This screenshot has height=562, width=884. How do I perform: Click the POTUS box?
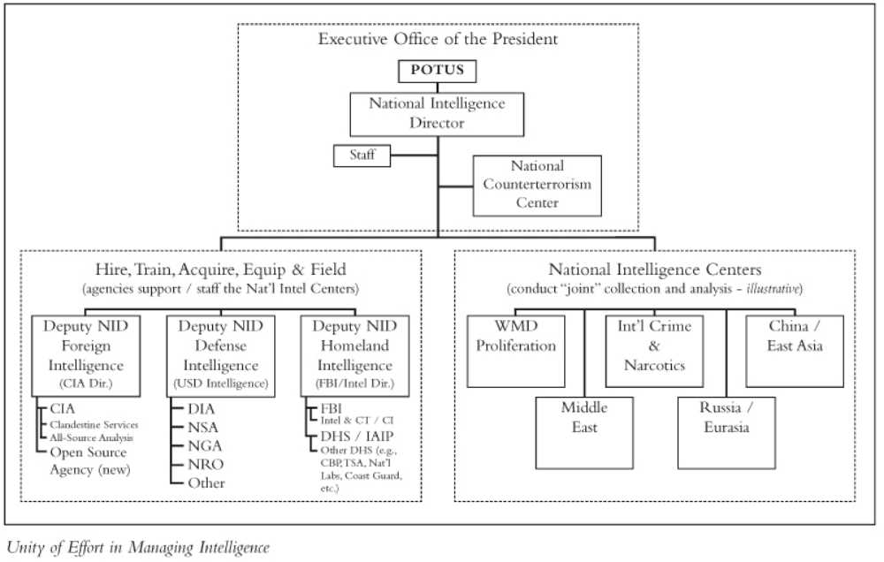pyautogui.click(x=437, y=71)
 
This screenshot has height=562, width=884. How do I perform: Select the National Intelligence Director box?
pyautogui.click(x=437, y=114)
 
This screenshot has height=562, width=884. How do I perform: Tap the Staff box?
pyautogui.click(x=362, y=156)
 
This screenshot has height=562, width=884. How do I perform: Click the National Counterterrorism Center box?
pyautogui.click(x=537, y=186)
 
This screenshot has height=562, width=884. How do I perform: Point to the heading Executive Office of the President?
pyautogui.click(x=438, y=39)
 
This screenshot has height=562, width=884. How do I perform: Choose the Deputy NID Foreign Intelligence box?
pyautogui.click(x=86, y=356)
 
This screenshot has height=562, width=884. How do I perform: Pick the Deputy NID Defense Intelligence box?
pyautogui.click(x=220, y=356)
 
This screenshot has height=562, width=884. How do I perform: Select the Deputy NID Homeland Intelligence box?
pyautogui.click(x=354, y=356)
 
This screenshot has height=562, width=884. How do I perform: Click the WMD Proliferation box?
pyautogui.click(x=516, y=351)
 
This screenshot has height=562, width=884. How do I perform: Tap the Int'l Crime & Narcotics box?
pyautogui.click(x=654, y=351)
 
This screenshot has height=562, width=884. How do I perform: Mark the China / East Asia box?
pyautogui.click(x=795, y=351)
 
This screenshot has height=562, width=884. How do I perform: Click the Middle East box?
pyautogui.click(x=584, y=433)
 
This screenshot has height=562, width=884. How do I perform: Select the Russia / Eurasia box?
pyautogui.click(x=727, y=433)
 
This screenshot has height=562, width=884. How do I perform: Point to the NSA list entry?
pyautogui.click(x=203, y=428)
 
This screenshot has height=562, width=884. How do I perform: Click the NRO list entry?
pyautogui.click(x=206, y=465)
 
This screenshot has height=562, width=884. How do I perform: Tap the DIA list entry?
pyautogui.click(x=202, y=408)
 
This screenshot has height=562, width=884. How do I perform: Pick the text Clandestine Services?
pyautogui.click(x=94, y=424)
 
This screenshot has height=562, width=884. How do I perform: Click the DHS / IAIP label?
pyautogui.click(x=357, y=437)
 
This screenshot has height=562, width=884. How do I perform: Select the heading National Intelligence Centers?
pyautogui.click(x=654, y=270)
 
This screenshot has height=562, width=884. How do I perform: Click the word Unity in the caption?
pyautogui.click(x=26, y=547)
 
